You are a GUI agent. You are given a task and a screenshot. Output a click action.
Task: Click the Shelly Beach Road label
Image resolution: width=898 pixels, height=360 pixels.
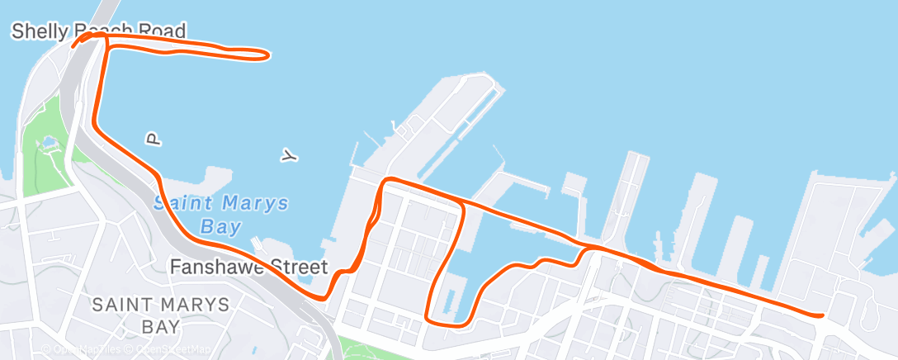(97, 31)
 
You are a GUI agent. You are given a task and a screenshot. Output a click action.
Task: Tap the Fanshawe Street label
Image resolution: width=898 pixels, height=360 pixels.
(248, 268)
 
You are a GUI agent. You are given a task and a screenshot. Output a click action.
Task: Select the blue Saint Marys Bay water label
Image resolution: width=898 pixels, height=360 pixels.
(222, 214)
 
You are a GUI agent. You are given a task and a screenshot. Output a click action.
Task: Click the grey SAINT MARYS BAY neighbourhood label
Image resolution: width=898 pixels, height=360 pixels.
(160, 315)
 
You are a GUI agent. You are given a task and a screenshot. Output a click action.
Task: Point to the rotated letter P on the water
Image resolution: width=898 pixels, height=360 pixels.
(152, 139)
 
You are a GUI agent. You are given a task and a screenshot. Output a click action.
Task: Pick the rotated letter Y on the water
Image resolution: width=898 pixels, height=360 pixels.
(288, 155)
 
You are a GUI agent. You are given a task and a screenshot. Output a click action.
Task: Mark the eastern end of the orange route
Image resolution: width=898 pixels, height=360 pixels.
(822, 315)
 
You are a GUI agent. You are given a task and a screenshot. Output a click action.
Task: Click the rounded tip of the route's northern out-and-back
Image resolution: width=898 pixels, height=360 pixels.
(266, 55)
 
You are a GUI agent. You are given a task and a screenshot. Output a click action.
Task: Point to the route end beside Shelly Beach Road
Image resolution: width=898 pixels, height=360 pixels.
(74, 45)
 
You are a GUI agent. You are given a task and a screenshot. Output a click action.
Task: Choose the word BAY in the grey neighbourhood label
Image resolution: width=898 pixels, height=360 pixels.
(160, 326)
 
